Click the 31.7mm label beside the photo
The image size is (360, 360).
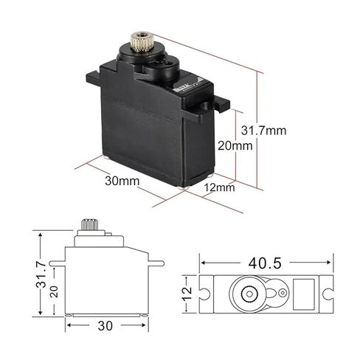point(263,131)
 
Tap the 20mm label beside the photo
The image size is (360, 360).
point(235,145)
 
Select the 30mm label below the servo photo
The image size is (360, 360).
point(122,181)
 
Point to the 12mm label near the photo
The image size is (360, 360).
point(219,187)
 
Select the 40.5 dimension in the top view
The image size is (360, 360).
point(265,263)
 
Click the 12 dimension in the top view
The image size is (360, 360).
point(187,294)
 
